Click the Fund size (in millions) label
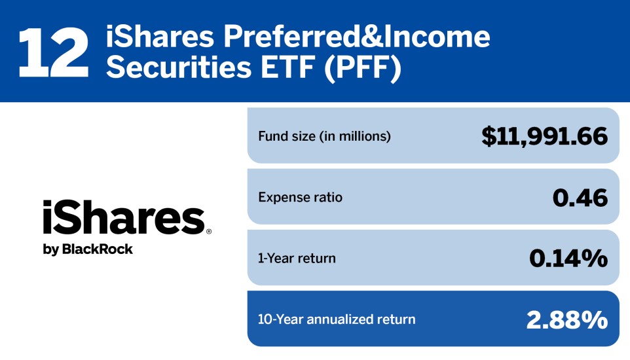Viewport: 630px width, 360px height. (x=324, y=137)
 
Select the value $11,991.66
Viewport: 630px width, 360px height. (x=544, y=136)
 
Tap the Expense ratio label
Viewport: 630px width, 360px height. (x=300, y=197)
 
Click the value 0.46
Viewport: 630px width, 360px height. (x=580, y=197)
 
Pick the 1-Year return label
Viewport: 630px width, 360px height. (x=297, y=258)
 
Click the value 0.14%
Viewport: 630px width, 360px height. (x=568, y=258)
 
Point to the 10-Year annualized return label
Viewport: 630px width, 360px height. (x=337, y=319)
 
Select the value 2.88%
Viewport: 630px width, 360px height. (x=566, y=319)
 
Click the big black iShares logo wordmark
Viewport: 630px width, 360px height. (x=124, y=219)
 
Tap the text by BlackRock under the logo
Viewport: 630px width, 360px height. (x=88, y=249)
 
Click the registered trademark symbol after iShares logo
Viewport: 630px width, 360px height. (x=209, y=232)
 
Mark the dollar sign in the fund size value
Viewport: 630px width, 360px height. (x=489, y=136)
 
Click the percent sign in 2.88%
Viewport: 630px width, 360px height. (x=595, y=319)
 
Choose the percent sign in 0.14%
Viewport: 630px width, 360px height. (x=595, y=258)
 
